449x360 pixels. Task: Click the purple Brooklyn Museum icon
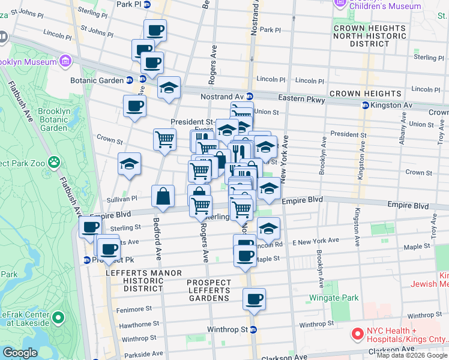(64, 61)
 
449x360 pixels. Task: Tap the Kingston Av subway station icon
(364, 106)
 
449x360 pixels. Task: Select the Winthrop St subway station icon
(253, 329)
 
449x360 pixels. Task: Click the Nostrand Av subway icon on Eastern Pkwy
(250, 97)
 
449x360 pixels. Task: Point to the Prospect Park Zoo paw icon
(55, 162)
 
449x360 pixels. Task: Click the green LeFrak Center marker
(58, 317)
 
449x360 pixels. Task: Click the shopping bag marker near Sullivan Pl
(163, 196)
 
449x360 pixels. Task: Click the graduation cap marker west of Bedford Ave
(129, 164)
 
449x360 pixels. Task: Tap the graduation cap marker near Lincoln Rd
(268, 228)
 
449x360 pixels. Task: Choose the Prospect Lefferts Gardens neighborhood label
(209, 290)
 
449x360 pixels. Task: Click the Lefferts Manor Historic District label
(143, 281)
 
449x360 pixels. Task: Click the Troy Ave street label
(433, 225)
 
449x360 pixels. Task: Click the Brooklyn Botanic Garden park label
(53, 119)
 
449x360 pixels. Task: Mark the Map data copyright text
(411, 355)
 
